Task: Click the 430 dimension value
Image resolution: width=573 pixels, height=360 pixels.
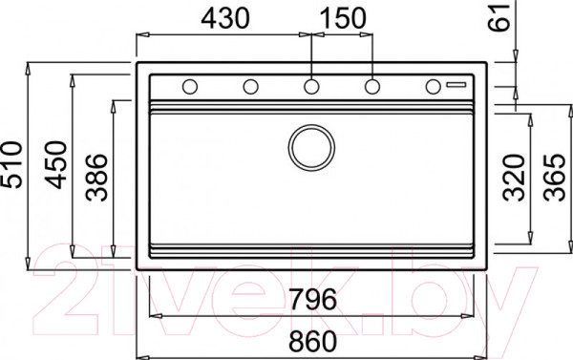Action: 225,18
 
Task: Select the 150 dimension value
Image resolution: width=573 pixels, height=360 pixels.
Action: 343,18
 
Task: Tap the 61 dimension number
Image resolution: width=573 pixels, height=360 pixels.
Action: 499,17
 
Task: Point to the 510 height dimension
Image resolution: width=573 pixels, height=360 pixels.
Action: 11,164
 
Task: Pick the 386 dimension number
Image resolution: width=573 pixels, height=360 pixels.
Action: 96,178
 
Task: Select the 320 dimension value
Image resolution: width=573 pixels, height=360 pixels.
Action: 514,178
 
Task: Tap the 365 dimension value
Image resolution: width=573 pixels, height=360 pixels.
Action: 554,178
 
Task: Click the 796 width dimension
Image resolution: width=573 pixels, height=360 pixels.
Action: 313,299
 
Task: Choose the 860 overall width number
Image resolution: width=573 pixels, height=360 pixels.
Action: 313,341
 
